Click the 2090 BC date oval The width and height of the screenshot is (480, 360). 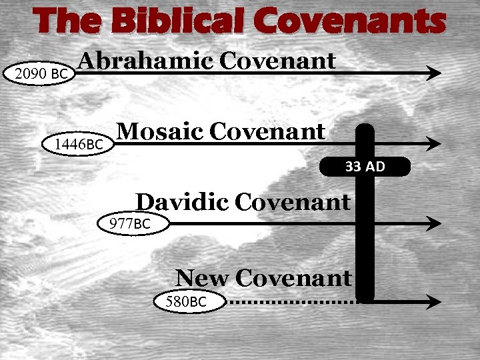[x=41, y=74]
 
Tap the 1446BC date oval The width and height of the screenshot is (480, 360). [x=79, y=143]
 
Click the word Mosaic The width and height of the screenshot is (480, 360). [x=159, y=131]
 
